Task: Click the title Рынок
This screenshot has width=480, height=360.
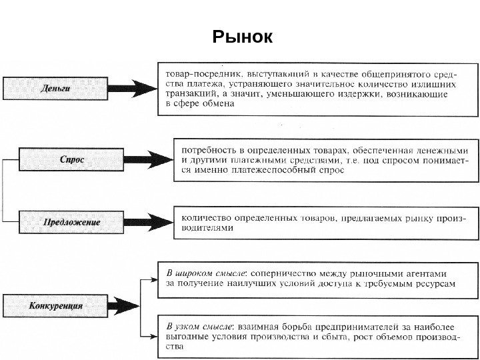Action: (242, 37)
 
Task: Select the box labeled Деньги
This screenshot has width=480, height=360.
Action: (55, 87)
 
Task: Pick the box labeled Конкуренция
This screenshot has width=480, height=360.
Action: (55, 306)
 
